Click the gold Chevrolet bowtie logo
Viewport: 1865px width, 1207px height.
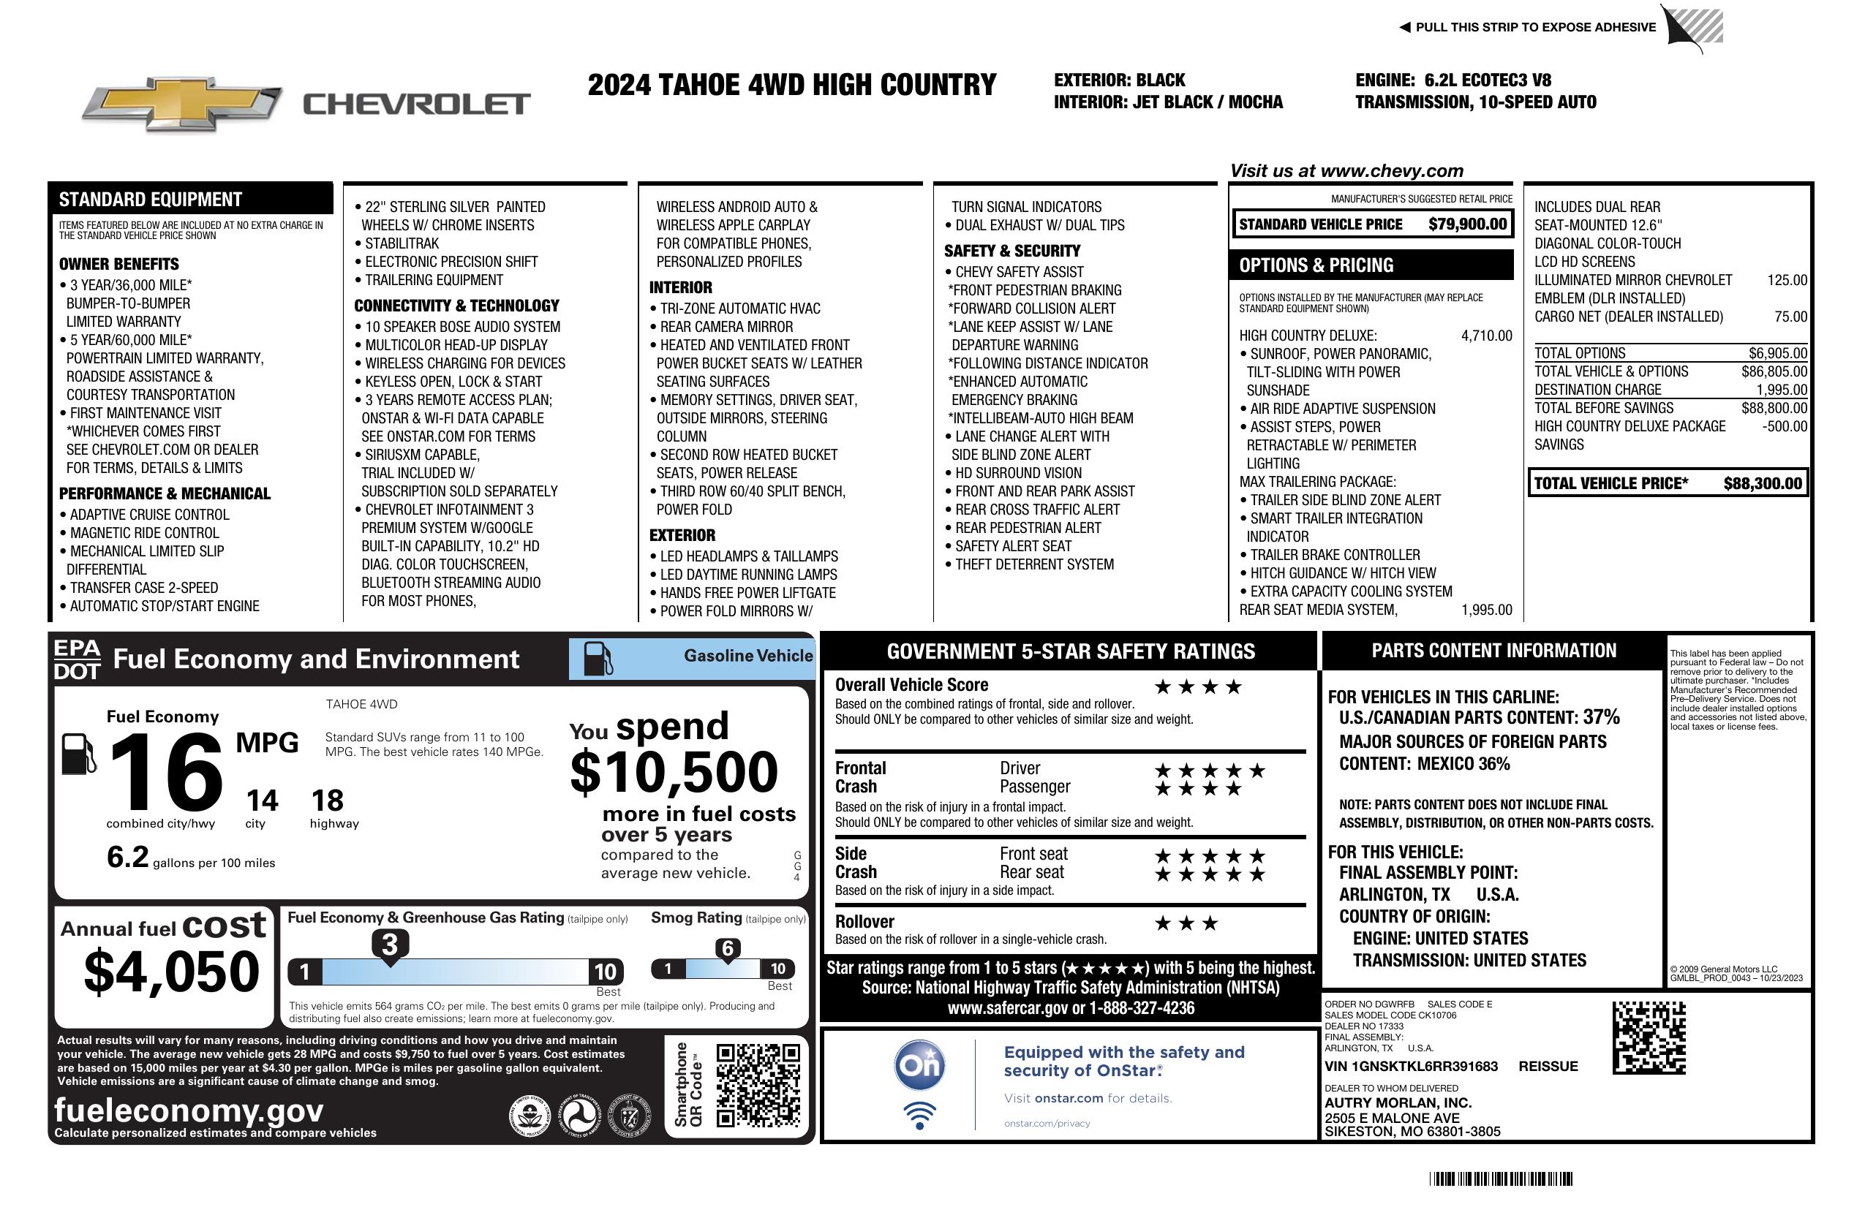tap(181, 104)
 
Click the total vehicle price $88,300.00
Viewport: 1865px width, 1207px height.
tap(1763, 483)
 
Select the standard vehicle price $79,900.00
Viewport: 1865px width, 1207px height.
tap(1467, 224)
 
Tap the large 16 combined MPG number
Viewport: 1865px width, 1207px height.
tap(166, 772)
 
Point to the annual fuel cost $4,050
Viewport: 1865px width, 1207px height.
tap(172, 972)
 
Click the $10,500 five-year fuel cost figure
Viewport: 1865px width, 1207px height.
tap(674, 772)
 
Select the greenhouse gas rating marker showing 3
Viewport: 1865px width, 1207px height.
tap(389, 945)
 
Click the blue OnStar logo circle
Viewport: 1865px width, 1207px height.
tap(920, 1065)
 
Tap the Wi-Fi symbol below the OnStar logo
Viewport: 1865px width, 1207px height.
tap(920, 1115)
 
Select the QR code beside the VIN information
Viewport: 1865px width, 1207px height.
tap(1649, 1037)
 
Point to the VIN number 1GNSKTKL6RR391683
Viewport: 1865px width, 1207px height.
tap(1411, 1066)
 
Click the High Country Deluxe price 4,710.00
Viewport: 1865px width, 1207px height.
tap(1485, 336)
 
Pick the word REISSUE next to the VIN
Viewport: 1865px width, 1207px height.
tap(1548, 1066)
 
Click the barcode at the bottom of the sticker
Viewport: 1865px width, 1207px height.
tap(1501, 1178)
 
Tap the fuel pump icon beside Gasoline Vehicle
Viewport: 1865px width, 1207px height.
tap(598, 659)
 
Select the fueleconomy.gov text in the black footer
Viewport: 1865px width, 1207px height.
tap(189, 1110)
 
